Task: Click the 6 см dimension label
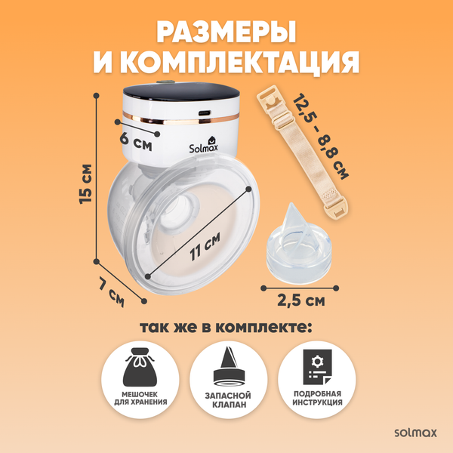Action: (x=137, y=140)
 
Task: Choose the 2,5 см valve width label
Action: (x=300, y=301)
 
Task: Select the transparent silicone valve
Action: (x=294, y=245)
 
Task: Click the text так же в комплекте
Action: (x=226, y=328)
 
